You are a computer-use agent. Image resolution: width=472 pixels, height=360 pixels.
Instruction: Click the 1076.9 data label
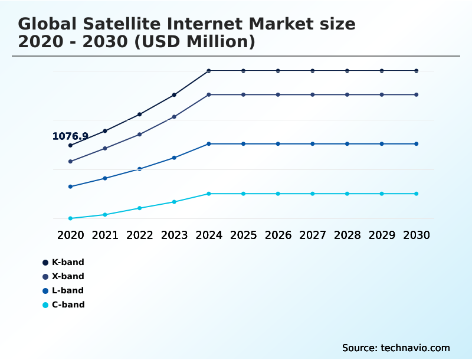pyautogui.click(x=70, y=136)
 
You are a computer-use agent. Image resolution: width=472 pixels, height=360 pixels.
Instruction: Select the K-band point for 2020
pyautogui.click(x=70, y=145)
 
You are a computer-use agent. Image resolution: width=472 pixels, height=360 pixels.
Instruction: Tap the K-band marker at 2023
pyautogui.click(x=174, y=94)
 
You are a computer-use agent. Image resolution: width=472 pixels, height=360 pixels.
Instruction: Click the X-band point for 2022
pyautogui.click(x=139, y=135)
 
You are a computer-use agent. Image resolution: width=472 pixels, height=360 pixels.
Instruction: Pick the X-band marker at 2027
pyautogui.click(x=313, y=94)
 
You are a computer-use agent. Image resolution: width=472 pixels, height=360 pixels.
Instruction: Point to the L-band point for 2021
pyautogui.click(x=105, y=178)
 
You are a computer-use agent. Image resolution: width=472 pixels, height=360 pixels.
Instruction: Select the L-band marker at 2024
pyautogui.click(x=209, y=144)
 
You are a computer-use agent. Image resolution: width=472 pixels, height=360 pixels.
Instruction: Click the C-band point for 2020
pyautogui.click(x=70, y=218)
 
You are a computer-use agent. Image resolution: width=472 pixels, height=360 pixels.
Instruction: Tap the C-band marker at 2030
pyautogui.click(x=417, y=194)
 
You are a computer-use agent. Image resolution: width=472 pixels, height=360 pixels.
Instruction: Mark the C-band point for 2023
pyautogui.click(x=174, y=202)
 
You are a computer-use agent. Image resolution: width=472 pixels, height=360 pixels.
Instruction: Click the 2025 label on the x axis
pyautogui.click(x=243, y=235)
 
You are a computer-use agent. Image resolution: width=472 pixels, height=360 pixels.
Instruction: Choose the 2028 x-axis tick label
pyautogui.click(x=347, y=235)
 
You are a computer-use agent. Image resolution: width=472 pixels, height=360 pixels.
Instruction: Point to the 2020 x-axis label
pyautogui.click(x=70, y=235)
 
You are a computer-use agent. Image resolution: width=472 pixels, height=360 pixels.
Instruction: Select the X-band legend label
pyautogui.click(x=68, y=276)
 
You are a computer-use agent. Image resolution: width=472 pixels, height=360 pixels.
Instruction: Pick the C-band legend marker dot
pyautogui.click(x=45, y=305)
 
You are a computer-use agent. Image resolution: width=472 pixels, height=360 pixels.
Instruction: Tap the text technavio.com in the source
pyautogui.click(x=415, y=348)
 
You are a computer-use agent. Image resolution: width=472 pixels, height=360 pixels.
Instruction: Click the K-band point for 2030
pyautogui.click(x=417, y=71)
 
